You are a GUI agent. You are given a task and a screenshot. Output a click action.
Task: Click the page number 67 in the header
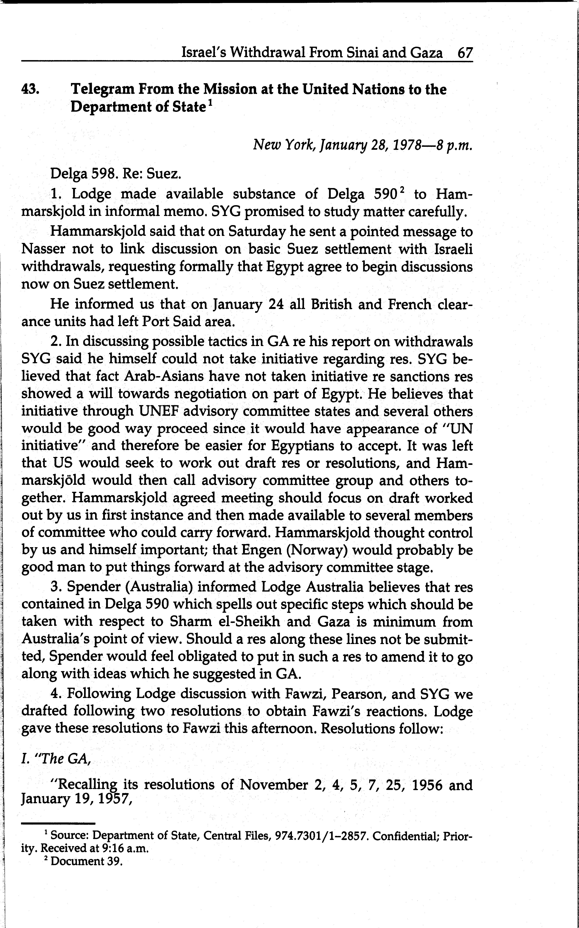465,52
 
